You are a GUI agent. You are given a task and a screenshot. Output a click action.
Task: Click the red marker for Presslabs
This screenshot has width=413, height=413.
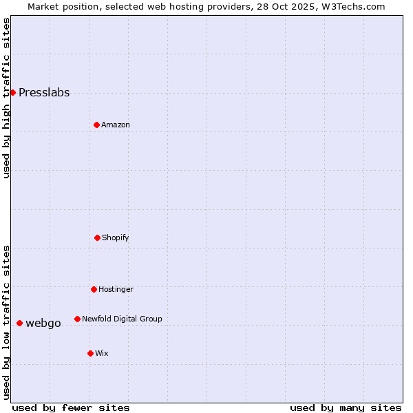click(12, 92)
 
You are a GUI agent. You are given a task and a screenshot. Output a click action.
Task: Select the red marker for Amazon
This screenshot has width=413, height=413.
click(96, 125)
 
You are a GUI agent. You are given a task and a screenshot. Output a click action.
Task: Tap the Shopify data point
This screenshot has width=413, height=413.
click(97, 237)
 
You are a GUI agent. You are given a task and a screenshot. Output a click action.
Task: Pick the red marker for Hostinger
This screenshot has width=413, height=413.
click(94, 289)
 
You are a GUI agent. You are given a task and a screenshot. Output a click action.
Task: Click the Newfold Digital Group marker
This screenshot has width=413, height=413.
click(77, 319)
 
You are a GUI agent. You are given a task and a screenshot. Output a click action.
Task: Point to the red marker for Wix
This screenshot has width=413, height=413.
click(90, 353)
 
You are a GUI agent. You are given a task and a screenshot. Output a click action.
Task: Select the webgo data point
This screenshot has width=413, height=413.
click(19, 323)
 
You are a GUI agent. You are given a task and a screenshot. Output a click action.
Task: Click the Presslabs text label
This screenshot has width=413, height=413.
click(44, 93)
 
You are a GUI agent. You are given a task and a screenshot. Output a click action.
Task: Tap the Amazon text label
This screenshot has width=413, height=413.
click(116, 125)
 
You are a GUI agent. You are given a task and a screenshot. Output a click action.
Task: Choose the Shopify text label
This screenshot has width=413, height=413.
click(116, 238)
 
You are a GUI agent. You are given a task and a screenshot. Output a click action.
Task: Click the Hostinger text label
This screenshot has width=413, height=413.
click(116, 290)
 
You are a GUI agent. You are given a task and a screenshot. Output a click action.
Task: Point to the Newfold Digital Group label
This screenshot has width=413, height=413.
click(122, 319)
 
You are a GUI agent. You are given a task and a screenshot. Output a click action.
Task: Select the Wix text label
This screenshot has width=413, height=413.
click(102, 354)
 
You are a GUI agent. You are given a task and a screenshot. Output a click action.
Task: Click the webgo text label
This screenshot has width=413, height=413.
click(43, 324)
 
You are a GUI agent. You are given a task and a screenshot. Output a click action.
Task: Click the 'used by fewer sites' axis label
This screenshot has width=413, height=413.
click(71, 407)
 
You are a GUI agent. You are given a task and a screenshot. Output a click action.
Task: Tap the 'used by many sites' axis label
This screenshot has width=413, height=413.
click(346, 407)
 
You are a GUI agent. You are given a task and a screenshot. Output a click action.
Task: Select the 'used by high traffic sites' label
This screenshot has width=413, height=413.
click(7, 98)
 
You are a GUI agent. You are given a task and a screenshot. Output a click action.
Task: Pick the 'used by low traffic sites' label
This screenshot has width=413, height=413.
click(7, 322)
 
